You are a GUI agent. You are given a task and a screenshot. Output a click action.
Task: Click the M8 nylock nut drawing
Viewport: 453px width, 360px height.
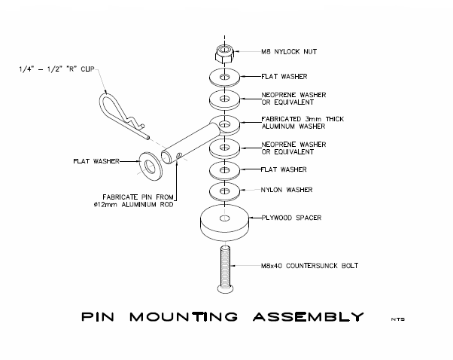223,53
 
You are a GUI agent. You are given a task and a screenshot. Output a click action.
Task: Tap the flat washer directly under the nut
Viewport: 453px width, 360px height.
223,76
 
